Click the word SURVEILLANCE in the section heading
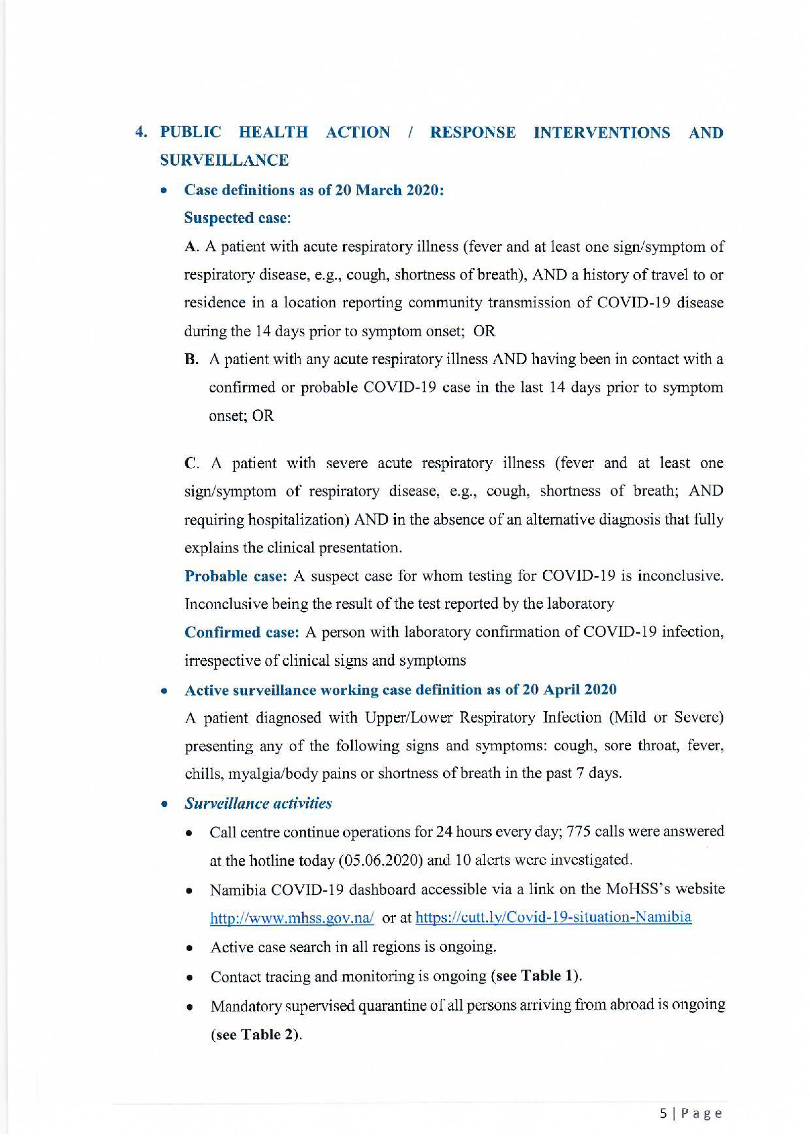[224, 160]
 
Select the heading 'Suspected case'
[236, 218]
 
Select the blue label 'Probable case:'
[236, 576]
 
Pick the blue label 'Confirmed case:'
[242, 632]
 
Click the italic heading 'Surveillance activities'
[258, 803]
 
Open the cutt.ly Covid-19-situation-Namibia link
[553, 917]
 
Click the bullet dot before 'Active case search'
[190, 948]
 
